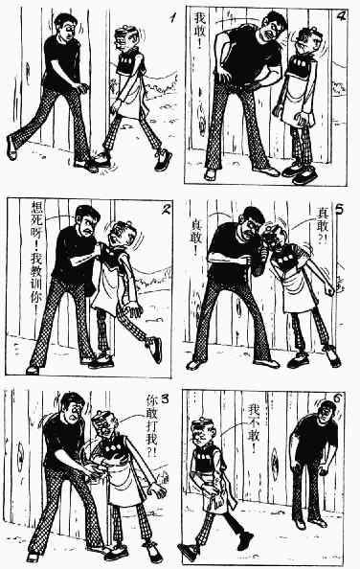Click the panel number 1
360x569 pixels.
(173, 17)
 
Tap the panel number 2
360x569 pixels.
(166, 209)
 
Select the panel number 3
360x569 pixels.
(165, 398)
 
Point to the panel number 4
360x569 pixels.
(340, 16)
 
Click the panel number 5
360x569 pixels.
(340, 210)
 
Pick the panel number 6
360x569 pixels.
(338, 398)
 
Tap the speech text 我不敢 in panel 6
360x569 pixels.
(255, 427)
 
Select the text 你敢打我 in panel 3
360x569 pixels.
(151, 420)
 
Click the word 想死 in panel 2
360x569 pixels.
(37, 215)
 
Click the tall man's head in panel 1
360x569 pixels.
(66, 26)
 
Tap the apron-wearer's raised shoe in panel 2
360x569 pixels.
(155, 349)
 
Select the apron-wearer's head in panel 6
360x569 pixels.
(204, 433)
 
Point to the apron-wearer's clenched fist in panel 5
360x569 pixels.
(328, 290)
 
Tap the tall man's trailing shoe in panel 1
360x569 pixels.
(11, 148)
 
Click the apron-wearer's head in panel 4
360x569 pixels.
(309, 40)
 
